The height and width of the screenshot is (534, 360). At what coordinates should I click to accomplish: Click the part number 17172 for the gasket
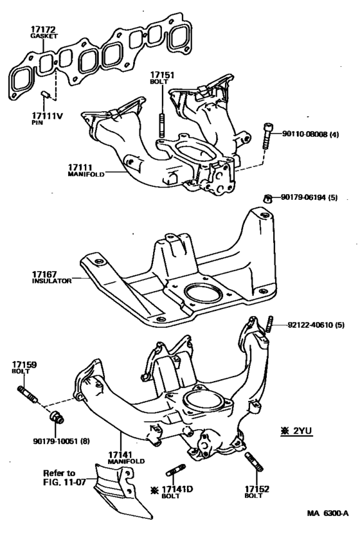click(43, 30)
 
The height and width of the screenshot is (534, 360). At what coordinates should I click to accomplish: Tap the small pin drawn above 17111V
click(45, 94)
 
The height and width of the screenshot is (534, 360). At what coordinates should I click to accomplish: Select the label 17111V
click(48, 116)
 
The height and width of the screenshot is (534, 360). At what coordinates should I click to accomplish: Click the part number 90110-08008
click(305, 134)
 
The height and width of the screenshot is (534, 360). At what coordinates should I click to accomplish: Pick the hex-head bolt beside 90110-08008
click(267, 136)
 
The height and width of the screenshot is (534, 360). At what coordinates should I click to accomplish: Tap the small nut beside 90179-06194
click(267, 197)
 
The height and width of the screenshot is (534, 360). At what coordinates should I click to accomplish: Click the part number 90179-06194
click(303, 197)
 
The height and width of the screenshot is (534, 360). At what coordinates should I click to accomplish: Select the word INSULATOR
click(52, 281)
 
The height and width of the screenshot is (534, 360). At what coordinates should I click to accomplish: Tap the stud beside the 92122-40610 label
click(270, 325)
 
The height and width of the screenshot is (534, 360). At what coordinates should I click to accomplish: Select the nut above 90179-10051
click(56, 417)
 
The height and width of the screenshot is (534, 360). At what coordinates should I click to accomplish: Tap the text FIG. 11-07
click(62, 482)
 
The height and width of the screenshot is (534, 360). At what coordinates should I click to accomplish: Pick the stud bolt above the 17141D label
click(175, 470)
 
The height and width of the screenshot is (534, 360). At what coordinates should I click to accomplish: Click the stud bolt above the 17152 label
click(253, 461)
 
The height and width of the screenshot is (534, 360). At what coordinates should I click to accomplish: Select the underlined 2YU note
click(296, 431)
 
